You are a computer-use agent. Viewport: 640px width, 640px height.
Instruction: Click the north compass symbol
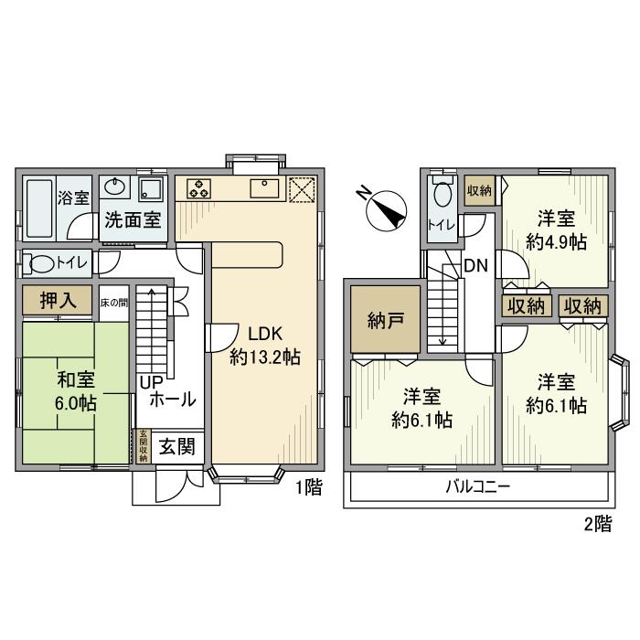click(x=384, y=209)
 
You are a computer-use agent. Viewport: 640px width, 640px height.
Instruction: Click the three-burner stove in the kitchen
click(x=199, y=189)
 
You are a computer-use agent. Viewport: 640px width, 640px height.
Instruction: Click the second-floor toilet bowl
click(x=443, y=196)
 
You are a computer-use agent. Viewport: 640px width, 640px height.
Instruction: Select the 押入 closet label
click(x=57, y=301)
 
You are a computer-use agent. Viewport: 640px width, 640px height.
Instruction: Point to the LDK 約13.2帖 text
click(x=264, y=346)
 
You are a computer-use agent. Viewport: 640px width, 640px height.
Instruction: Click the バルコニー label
click(x=479, y=486)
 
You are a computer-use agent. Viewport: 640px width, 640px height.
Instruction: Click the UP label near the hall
click(x=150, y=382)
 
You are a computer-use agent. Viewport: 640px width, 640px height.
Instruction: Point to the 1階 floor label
click(x=308, y=488)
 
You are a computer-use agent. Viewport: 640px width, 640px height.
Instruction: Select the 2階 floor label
click(x=597, y=524)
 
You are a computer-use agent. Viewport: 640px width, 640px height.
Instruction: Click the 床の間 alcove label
click(x=113, y=301)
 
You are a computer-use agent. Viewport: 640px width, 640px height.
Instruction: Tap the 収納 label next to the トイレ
click(x=479, y=191)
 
